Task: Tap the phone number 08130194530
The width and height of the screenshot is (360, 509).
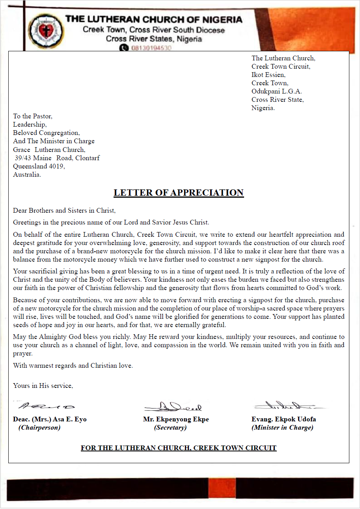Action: point(151,48)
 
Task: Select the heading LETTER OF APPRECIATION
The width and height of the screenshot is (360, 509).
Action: point(179,193)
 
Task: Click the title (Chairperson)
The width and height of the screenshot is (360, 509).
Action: point(39,428)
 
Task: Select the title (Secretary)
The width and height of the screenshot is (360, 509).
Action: point(170,428)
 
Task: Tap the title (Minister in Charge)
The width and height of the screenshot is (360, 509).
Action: point(282,428)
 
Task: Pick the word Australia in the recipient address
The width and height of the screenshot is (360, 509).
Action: point(27,174)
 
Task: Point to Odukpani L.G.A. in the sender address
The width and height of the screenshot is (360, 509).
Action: point(277,91)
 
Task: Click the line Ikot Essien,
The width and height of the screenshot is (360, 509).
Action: point(269,75)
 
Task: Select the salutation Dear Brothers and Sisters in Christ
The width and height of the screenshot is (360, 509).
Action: point(64,211)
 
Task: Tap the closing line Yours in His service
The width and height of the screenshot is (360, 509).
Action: point(43,385)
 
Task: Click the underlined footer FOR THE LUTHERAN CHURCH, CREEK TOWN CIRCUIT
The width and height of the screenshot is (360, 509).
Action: point(179,448)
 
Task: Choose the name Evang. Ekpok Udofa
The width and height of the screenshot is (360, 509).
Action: point(284,419)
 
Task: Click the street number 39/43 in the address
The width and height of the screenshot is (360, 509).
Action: point(22,158)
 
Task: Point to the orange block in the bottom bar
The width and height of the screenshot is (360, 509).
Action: point(222,489)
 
